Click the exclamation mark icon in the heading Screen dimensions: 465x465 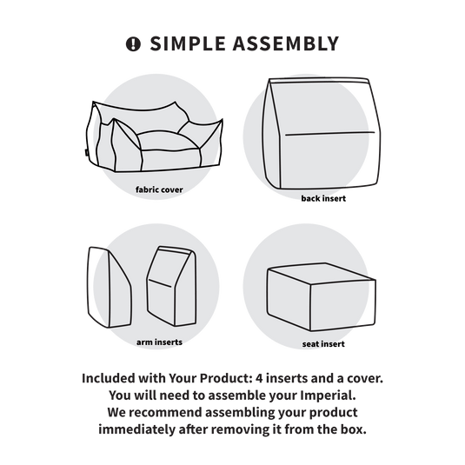click(133, 44)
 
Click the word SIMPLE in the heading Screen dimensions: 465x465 click(188, 43)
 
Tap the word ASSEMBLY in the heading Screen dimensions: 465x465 click(286, 43)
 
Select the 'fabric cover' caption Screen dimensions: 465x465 click(159, 189)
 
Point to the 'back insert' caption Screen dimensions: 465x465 click(323, 198)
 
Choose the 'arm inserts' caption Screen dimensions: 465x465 click(159, 342)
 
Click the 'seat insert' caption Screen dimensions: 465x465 click(323, 344)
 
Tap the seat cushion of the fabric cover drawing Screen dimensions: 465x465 click(167, 141)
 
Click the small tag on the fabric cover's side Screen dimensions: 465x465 click(85, 152)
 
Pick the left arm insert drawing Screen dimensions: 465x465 click(110, 287)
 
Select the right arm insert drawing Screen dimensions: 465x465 click(172, 286)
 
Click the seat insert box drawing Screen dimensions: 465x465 click(322, 297)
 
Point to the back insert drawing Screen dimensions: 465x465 click(322, 133)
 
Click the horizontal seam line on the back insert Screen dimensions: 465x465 click(329, 134)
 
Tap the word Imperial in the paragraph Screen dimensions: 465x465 click(328, 395)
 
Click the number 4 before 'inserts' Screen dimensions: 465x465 click(259, 378)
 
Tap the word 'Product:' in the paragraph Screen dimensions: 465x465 click(226, 378)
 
